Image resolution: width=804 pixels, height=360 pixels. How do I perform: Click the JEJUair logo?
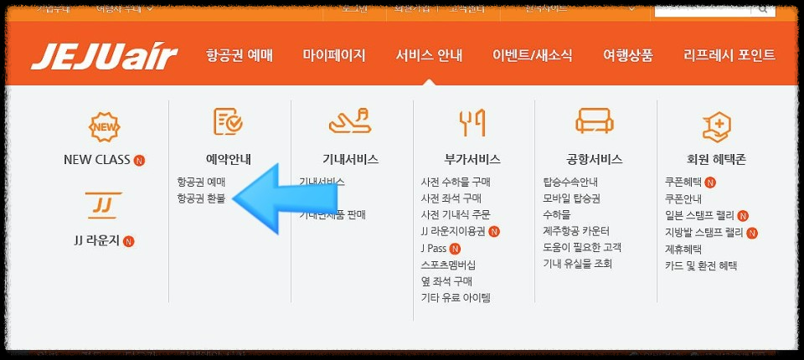105,57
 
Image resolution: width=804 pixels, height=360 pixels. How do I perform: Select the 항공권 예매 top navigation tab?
240,56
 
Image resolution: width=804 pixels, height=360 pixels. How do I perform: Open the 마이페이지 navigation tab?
334,56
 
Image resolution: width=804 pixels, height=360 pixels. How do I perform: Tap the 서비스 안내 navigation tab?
429,56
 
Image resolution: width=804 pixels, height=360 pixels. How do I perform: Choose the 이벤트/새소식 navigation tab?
533,56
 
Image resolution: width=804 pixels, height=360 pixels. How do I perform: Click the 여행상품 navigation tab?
627,56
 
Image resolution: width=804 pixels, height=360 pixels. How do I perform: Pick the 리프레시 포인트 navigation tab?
729,56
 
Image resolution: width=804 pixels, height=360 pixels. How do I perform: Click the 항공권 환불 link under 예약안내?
201,198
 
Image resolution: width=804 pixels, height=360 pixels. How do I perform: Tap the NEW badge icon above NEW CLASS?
105,127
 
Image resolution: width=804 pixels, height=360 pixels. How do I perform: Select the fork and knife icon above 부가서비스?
472,123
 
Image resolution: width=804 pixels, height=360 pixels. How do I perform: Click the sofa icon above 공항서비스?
595,122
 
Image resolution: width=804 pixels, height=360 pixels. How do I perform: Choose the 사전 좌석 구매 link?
451,198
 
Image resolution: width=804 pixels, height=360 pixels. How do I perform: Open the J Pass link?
434,248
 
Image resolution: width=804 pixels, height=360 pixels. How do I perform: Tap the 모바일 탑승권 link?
571,198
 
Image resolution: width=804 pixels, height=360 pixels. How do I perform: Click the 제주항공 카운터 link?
576,231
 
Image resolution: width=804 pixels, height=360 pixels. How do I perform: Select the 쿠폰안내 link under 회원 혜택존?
683,198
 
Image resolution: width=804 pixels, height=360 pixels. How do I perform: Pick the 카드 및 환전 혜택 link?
700,265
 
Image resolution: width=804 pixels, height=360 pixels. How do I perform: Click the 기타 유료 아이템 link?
456,297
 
